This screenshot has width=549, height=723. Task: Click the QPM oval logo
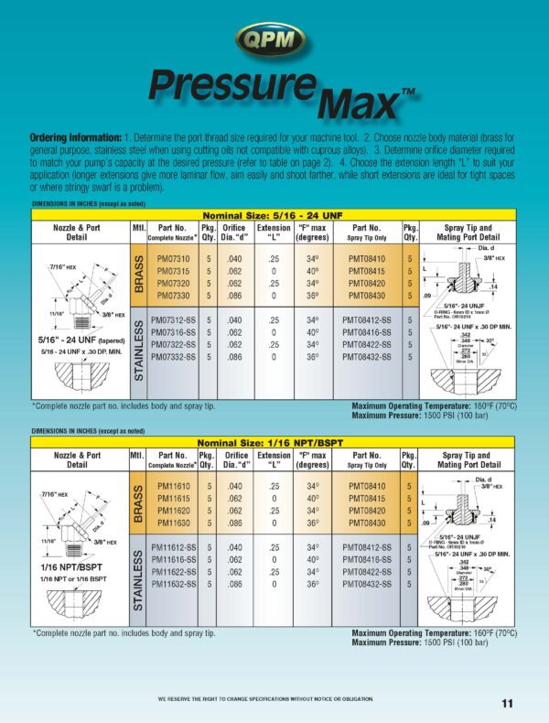pos(273,38)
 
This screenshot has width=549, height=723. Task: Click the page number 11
pos(507,703)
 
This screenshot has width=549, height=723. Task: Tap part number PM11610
pos(174,487)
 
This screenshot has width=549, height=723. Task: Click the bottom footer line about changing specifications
pos(265,699)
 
